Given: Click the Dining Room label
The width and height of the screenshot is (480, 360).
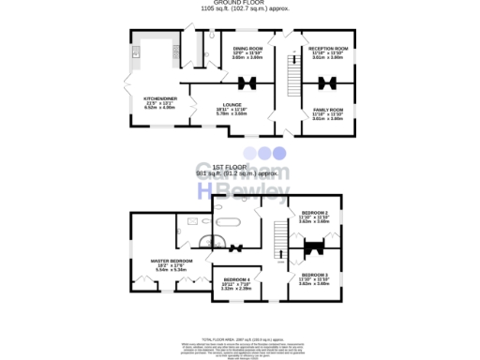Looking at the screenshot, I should (247, 47).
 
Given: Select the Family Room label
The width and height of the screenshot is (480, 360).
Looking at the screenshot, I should (328, 110).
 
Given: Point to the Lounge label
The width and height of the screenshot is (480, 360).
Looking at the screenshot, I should (233, 104).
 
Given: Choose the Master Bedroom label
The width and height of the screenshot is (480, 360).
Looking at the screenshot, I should (172, 260).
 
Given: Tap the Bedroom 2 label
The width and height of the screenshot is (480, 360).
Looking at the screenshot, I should (315, 213).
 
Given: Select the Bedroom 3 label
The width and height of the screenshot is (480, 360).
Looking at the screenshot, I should (315, 274).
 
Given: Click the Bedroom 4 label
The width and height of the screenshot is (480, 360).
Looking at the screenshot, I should (236, 279).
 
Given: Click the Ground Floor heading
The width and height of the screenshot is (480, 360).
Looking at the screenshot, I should (239, 4).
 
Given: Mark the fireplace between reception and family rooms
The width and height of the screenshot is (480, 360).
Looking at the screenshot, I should (329, 82).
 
